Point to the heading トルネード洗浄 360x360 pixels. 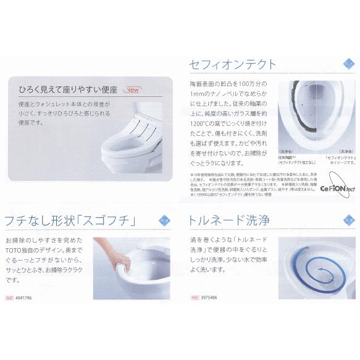230,220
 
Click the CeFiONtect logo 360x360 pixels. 336,185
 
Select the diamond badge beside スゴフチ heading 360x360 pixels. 164,219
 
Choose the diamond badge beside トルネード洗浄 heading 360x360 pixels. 348,219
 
